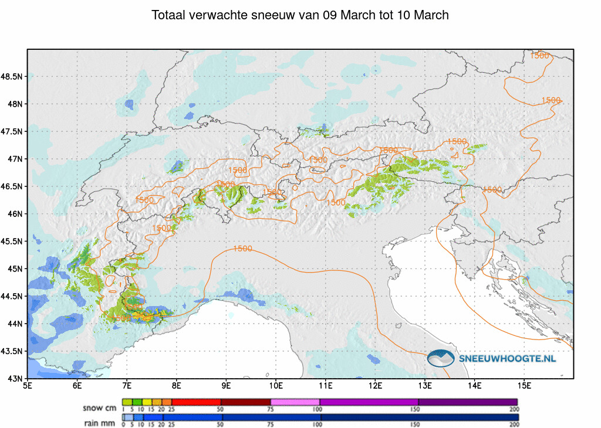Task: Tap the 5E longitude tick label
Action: tap(28, 386)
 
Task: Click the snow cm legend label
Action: tap(100, 407)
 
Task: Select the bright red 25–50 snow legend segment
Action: tap(195, 402)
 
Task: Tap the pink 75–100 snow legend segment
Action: tap(295, 402)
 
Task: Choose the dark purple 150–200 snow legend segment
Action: tap(468, 402)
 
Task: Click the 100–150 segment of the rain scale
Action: tap(369, 417)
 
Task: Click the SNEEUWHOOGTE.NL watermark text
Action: tap(507, 358)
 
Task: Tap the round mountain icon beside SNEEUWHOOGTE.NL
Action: tap(441, 358)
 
